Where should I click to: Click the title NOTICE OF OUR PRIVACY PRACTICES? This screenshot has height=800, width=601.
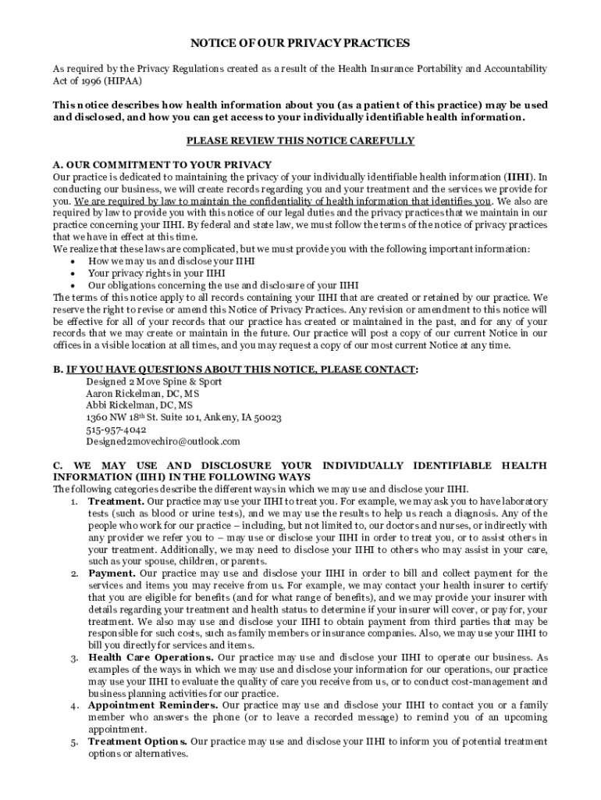[x=300, y=43]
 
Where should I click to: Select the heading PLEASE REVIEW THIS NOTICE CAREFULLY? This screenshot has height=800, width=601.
[x=300, y=141]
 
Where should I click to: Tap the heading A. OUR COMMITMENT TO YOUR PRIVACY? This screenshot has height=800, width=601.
[x=162, y=165]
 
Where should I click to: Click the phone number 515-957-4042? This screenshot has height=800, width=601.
[x=116, y=429]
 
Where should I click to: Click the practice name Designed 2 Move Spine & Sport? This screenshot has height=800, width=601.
[x=153, y=382]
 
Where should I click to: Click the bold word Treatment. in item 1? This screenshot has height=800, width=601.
[x=116, y=501]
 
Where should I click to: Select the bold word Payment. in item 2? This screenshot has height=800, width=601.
[x=112, y=573]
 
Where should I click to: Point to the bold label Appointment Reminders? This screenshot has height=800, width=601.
[x=153, y=705]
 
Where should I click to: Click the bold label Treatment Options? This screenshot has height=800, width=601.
[x=137, y=741]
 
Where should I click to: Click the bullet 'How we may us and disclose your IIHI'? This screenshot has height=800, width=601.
[x=171, y=261]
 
